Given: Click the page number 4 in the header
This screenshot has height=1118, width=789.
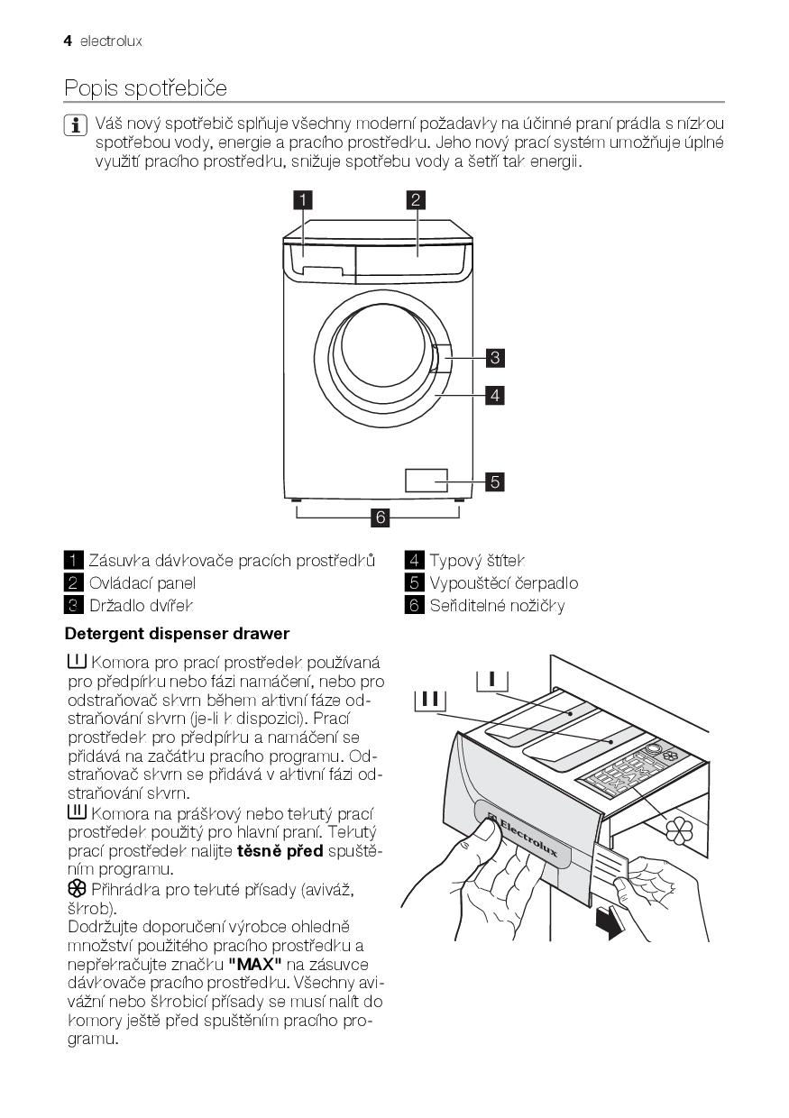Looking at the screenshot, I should tap(68, 41).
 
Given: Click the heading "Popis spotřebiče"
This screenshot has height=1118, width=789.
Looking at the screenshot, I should tap(145, 88).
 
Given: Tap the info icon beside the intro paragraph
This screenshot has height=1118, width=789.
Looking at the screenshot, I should tap(76, 124).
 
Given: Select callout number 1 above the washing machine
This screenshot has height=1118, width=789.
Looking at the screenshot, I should tap(305, 200).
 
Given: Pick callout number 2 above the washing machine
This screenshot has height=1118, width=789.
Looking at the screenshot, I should tap(416, 200).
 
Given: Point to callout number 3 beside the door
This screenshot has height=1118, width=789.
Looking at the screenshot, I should tap(494, 358).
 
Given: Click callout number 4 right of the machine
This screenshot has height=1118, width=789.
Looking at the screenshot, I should tap(494, 395).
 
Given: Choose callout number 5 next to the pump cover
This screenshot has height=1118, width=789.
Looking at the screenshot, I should tap(494, 481).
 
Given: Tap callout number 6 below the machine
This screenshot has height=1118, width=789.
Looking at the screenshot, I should tap(380, 518).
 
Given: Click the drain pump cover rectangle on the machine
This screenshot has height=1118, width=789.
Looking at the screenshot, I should tap(427, 480).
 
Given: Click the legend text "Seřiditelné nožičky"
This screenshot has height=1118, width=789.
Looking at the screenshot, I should tap(497, 605).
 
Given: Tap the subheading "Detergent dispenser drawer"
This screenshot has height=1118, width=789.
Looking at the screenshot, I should tap(177, 633).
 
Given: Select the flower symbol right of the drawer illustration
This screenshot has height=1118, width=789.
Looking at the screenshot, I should tap(681, 829).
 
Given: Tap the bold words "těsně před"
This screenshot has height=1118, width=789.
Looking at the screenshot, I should tap(280, 850).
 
